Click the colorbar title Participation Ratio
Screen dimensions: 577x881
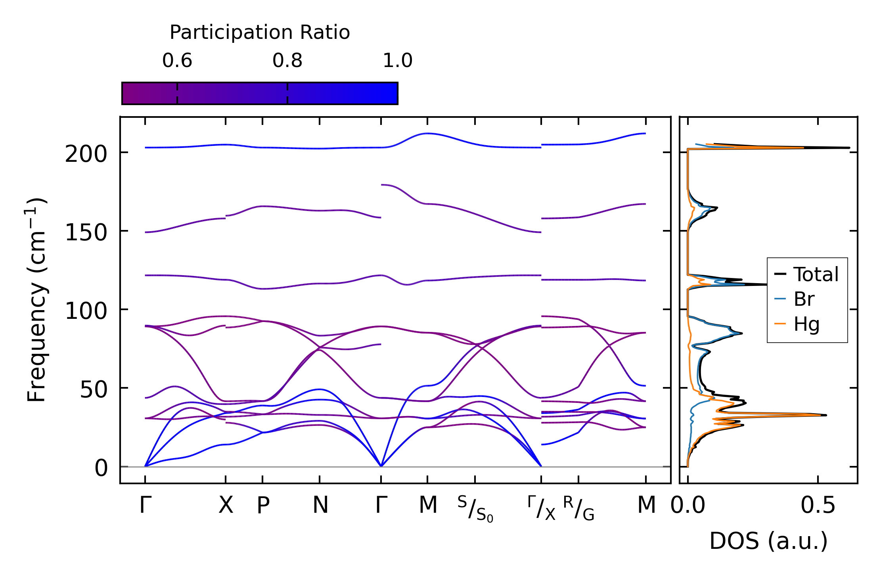point(260,33)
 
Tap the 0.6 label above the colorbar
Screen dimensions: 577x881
point(177,61)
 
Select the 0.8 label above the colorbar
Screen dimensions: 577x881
point(287,61)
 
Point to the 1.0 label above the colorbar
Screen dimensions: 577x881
point(397,61)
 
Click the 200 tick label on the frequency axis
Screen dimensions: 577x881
point(86,154)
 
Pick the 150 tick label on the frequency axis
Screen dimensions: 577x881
point(86,232)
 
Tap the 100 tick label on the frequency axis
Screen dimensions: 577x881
point(86,311)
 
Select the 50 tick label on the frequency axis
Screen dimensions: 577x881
point(94,389)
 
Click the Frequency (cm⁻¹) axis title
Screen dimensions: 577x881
point(37,300)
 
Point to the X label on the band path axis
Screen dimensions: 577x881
point(226,506)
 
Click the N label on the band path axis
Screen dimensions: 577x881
point(320,506)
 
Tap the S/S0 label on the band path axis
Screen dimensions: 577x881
point(475,509)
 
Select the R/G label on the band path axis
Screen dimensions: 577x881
point(578,508)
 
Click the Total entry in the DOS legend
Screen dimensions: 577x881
point(816,274)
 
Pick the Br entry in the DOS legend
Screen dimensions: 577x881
point(804,299)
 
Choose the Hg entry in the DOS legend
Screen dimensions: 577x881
point(806,324)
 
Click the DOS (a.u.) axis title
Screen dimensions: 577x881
point(768,541)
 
